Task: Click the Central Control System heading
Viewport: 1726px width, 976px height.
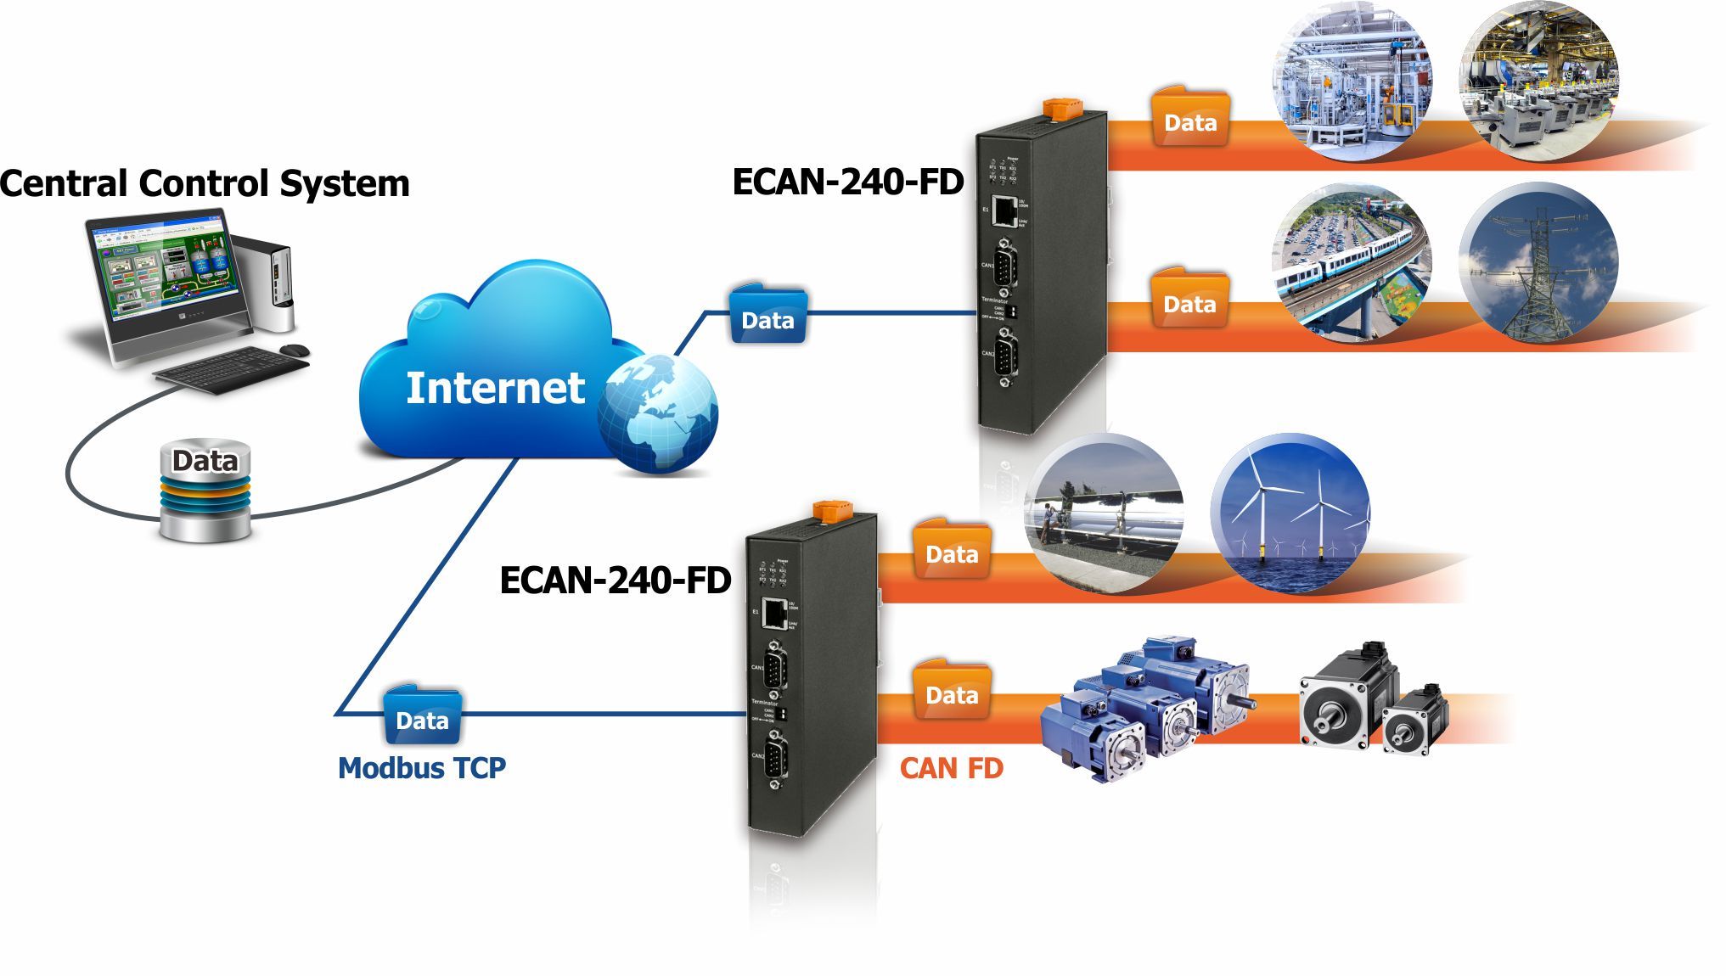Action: [205, 184]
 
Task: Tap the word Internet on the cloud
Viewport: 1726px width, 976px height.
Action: [495, 388]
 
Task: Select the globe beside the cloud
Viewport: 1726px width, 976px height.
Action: [658, 412]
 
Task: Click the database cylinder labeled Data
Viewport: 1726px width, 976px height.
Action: [206, 490]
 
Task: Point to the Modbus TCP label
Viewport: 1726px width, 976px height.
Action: [422, 768]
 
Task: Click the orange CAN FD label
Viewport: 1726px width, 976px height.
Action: [952, 769]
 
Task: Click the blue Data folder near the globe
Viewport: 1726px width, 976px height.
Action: [767, 316]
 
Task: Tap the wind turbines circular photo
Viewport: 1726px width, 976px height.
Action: [1290, 513]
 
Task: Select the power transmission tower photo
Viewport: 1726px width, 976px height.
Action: [1538, 263]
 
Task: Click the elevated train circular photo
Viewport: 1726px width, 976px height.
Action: [1352, 263]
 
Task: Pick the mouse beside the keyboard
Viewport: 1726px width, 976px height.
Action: [295, 350]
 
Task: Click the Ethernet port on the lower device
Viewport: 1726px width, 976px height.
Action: [773, 613]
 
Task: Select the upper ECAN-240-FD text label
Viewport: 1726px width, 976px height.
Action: [848, 182]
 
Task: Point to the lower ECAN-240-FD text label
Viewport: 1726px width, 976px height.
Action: [616, 581]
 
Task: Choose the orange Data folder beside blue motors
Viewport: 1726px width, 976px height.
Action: [952, 691]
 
